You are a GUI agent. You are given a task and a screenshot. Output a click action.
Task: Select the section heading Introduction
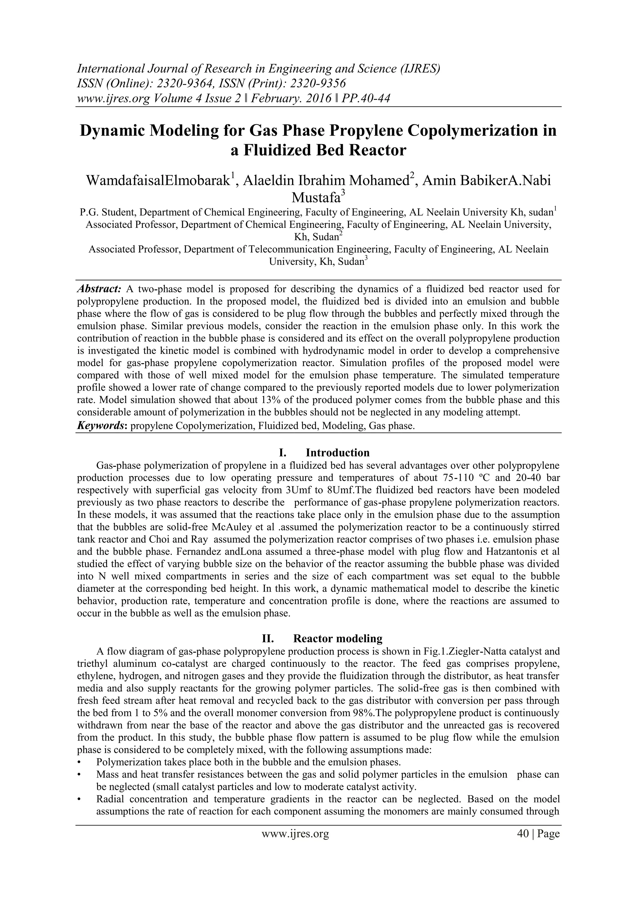pos(337,453)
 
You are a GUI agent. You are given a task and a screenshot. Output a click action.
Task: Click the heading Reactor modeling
pos(337,638)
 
